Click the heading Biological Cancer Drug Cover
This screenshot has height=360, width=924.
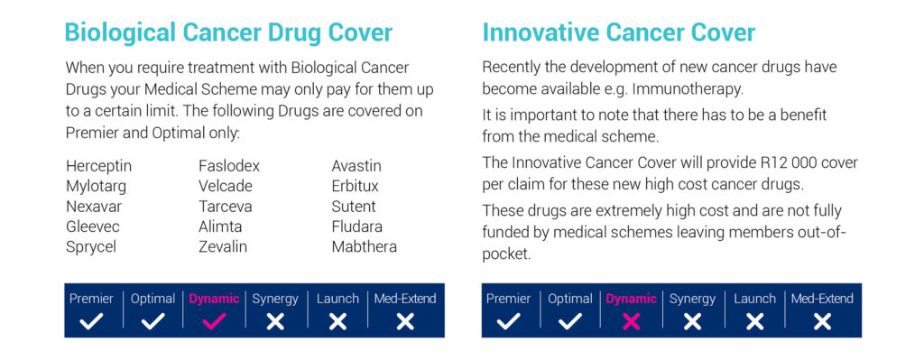(228, 32)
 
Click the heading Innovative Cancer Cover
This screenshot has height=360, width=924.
(618, 32)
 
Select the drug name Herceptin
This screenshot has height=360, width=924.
(98, 166)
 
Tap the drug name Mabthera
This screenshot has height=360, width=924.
(364, 246)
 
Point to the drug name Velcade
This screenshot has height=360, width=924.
(225, 186)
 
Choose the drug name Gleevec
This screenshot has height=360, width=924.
(92, 226)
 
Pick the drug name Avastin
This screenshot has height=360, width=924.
(356, 166)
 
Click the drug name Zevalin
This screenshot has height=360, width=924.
(222, 246)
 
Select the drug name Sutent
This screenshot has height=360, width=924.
(354, 207)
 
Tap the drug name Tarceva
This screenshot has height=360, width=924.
(225, 207)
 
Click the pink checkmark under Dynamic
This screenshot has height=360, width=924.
(214, 321)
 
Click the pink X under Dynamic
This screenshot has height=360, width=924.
(631, 321)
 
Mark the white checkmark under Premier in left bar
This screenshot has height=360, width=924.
(91, 321)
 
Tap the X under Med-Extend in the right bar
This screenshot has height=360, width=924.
(822, 321)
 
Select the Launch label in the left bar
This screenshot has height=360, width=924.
(337, 299)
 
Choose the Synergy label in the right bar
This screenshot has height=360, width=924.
(692, 299)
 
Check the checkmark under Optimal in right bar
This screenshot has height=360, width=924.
(570, 321)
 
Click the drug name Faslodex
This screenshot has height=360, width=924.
(228, 166)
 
